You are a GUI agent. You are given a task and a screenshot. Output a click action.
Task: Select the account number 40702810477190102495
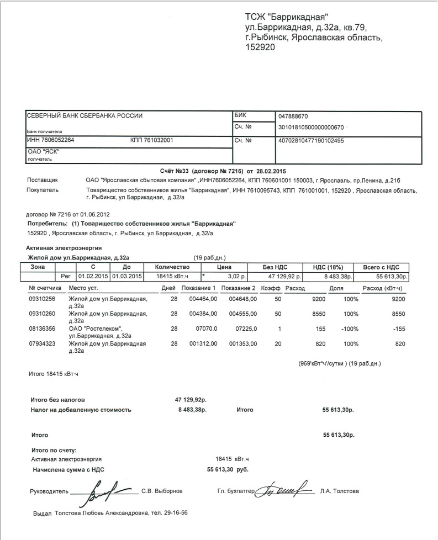click(312, 140)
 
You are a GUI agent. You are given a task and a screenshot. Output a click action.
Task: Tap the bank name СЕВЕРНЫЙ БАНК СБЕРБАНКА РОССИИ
click(85, 116)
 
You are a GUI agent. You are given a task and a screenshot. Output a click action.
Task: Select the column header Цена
click(223, 267)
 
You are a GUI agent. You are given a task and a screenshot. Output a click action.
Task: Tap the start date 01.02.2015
click(93, 276)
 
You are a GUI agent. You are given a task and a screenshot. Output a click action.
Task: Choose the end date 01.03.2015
click(126, 276)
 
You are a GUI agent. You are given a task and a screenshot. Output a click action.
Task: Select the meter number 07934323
click(41, 344)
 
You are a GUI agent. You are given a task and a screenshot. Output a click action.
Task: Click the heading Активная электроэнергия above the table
click(64, 248)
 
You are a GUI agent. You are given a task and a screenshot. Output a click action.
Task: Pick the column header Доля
click(336, 289)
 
